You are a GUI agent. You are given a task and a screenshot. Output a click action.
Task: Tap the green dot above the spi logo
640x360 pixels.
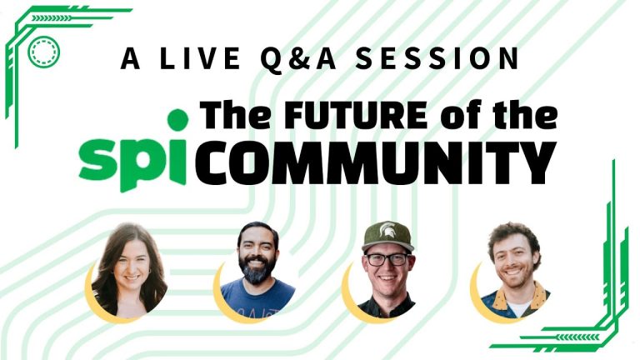pos(177,120)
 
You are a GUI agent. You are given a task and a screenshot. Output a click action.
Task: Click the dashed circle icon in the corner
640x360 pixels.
pos(42,52)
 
